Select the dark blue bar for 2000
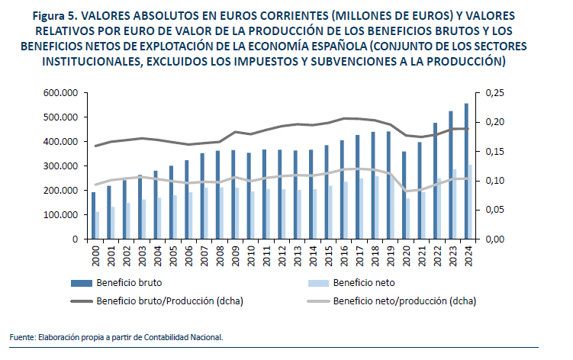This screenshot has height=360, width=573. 94,216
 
